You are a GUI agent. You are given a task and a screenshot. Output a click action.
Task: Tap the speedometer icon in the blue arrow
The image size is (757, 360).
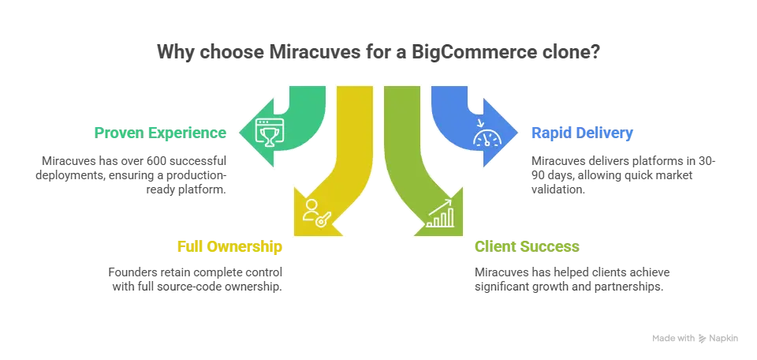[x=484, y=137]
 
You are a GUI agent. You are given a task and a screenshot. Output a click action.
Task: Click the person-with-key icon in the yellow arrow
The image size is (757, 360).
[x=313, y=214]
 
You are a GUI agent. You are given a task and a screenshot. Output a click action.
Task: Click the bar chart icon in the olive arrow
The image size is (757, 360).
[x=440, y=214]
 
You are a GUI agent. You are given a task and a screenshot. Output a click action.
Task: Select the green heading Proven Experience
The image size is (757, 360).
[x=161, y=133]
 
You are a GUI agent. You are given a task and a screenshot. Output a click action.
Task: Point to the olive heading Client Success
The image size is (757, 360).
[x=527, y=246]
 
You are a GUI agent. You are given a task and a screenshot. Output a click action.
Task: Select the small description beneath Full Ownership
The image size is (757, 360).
[x=194, y=278]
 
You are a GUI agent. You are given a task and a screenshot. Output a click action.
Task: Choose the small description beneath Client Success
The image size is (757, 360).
[x=574, y=278]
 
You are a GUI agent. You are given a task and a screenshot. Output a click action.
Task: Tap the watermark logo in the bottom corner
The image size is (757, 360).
[x=694, y=338]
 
